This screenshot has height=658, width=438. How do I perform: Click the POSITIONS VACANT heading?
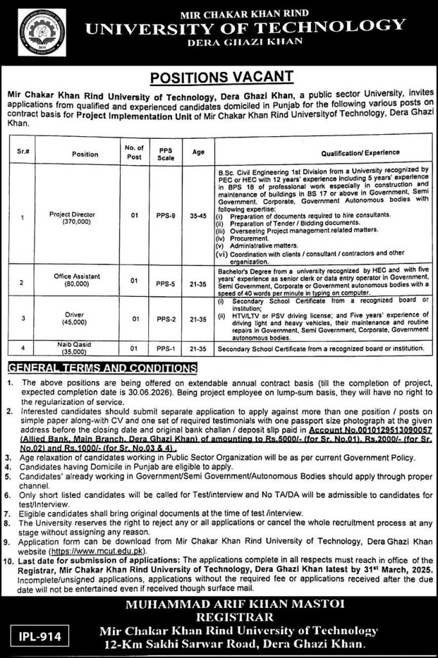tap(218, 78)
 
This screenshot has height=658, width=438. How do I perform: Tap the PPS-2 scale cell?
tap(162, 319)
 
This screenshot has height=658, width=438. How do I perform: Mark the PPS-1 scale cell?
tap(162, 349)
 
